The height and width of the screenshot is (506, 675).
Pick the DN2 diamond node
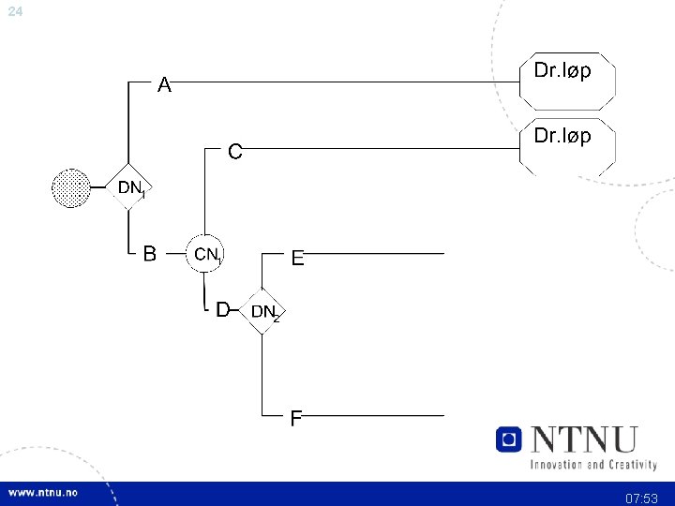(x=262, y=310)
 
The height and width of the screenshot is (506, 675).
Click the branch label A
(x=164, y=86)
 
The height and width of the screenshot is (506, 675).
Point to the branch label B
(x=149, y=253)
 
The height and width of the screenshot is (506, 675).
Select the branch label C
(x=235, y=150)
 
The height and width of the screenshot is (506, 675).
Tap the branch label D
(x=223, y=309)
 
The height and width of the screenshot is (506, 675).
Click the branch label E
(x=297, y=258)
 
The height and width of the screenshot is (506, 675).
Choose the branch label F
(x=296, y=418)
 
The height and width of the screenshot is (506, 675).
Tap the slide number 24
(x=15, y=11)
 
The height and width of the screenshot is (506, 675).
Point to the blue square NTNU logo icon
(x=508, y=439)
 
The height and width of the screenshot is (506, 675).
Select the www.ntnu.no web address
(x=44, y=493)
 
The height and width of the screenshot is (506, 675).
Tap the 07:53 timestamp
(x=642, y=498)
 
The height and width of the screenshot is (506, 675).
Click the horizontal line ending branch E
(x=375, y=253)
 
